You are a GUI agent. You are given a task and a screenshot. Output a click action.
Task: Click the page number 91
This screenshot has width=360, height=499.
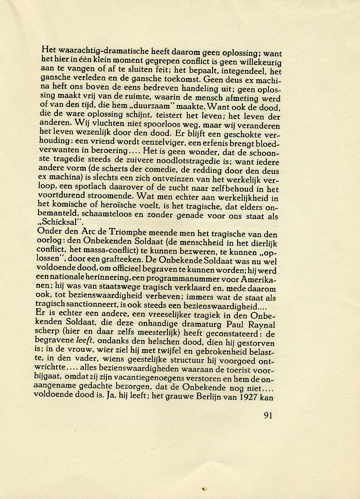pos(268,415)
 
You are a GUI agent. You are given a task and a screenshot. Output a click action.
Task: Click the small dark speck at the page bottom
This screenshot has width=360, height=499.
pos(204,488)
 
